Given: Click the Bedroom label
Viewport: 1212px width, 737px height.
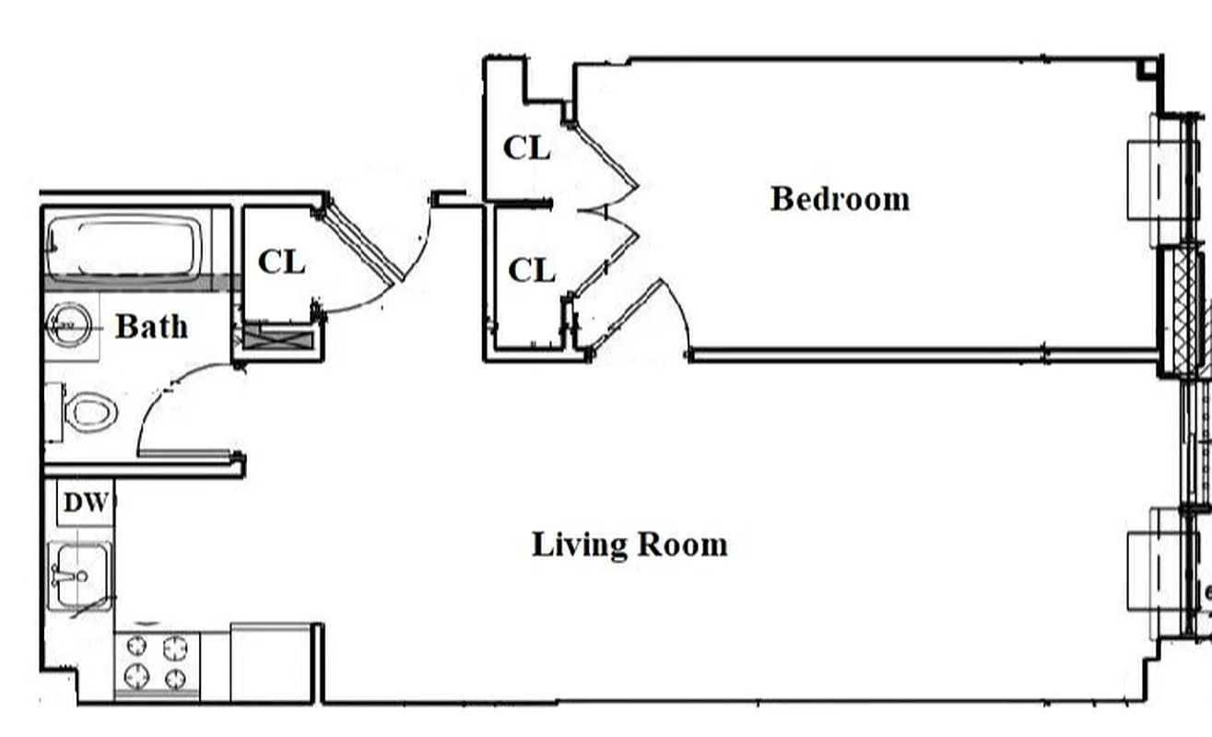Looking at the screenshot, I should click(840, 199).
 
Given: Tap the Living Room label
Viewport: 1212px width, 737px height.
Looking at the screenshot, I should click(630, 544).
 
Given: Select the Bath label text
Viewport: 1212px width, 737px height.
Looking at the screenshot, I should click(151, 326).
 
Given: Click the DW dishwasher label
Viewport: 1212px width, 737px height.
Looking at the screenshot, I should click(86, 503).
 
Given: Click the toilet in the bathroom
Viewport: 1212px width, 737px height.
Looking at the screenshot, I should click(89, 412).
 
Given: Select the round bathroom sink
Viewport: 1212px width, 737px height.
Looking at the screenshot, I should click(70, 325).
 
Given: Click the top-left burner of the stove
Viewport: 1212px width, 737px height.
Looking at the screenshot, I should click(136, 648).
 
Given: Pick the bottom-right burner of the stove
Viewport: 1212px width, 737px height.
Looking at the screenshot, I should click(175, 680).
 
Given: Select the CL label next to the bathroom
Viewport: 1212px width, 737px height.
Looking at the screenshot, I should click(281, 263).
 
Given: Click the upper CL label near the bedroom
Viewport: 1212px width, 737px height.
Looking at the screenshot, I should click(526, 148).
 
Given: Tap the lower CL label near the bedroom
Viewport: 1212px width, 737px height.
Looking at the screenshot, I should click(532, 271).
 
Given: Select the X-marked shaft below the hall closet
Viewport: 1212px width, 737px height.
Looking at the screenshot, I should click(278, 338).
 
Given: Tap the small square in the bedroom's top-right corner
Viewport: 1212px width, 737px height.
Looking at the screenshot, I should click(1147, 67).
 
